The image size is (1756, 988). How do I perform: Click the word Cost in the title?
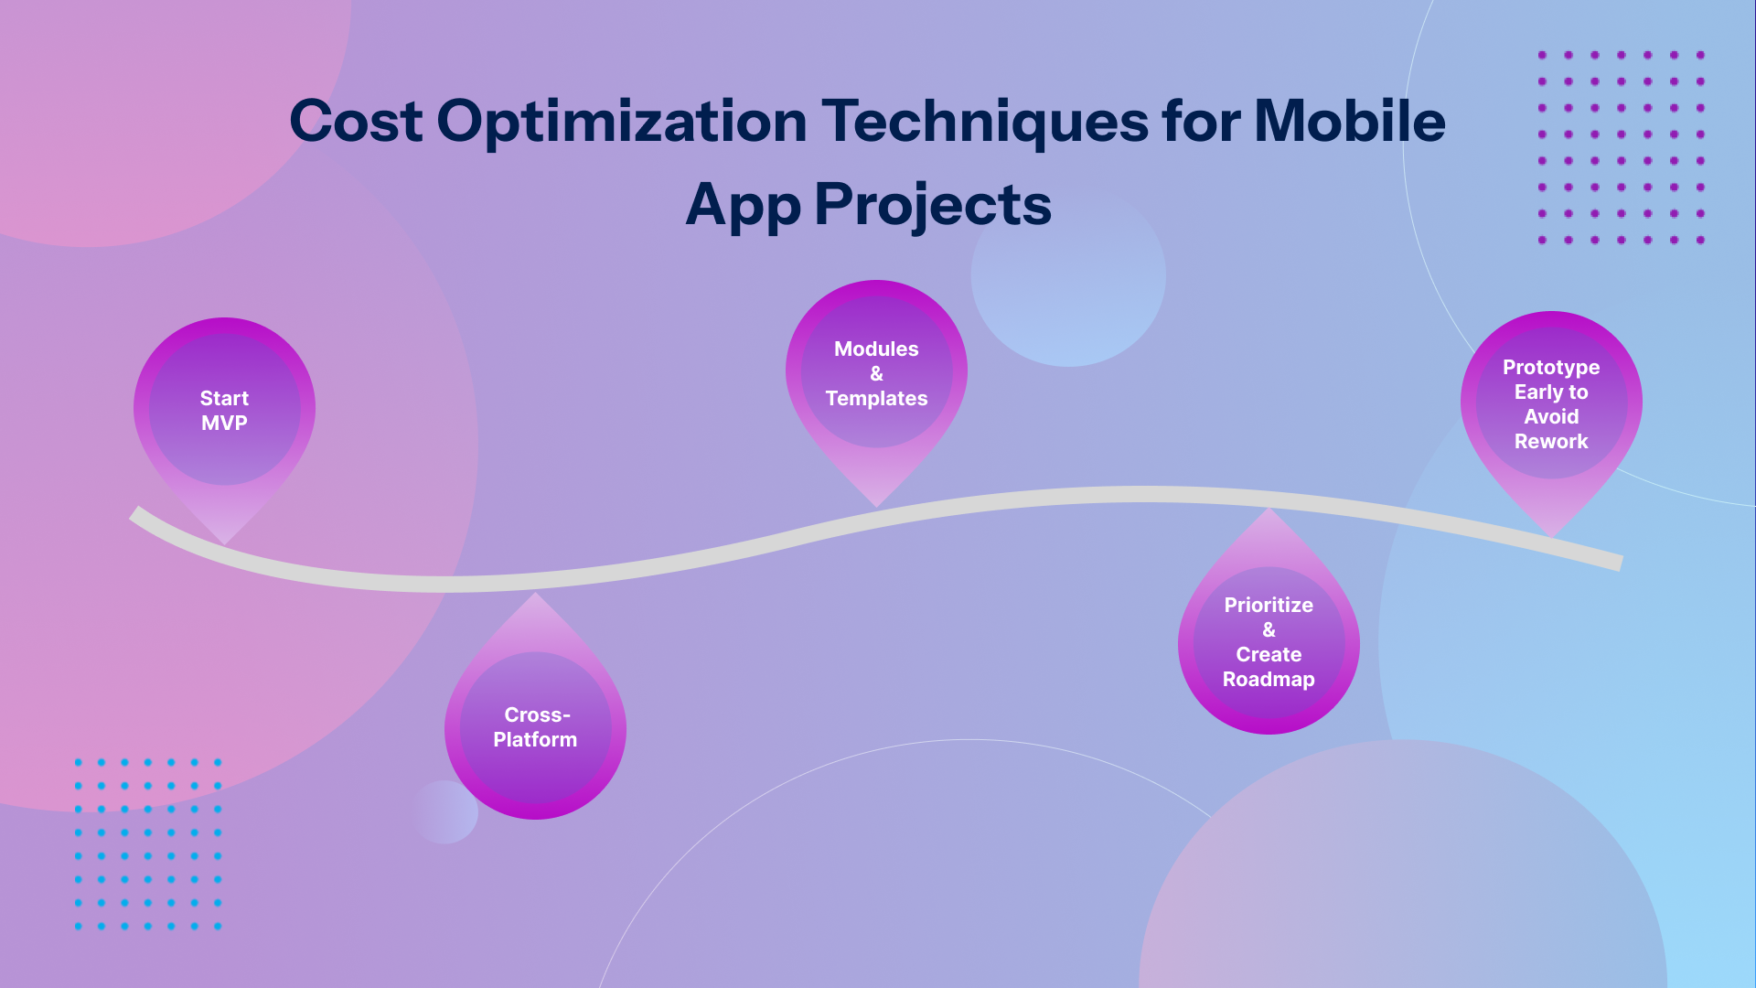357,122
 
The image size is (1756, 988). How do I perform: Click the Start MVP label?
224,411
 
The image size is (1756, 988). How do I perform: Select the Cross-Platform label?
535,727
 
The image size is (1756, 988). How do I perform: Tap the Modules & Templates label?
876,373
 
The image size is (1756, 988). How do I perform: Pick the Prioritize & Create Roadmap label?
1269,642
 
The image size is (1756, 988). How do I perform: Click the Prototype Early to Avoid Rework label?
1551,404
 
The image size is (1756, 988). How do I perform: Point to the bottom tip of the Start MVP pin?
224,545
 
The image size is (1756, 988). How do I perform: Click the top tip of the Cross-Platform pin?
536,593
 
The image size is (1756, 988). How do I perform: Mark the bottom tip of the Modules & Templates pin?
876,507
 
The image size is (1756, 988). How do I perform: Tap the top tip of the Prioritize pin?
1269,509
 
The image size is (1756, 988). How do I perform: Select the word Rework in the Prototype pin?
1551,441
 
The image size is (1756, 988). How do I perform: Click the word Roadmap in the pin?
1269,679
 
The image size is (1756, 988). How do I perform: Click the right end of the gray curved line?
1620,563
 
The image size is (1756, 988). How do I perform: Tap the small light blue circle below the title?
1068,275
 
